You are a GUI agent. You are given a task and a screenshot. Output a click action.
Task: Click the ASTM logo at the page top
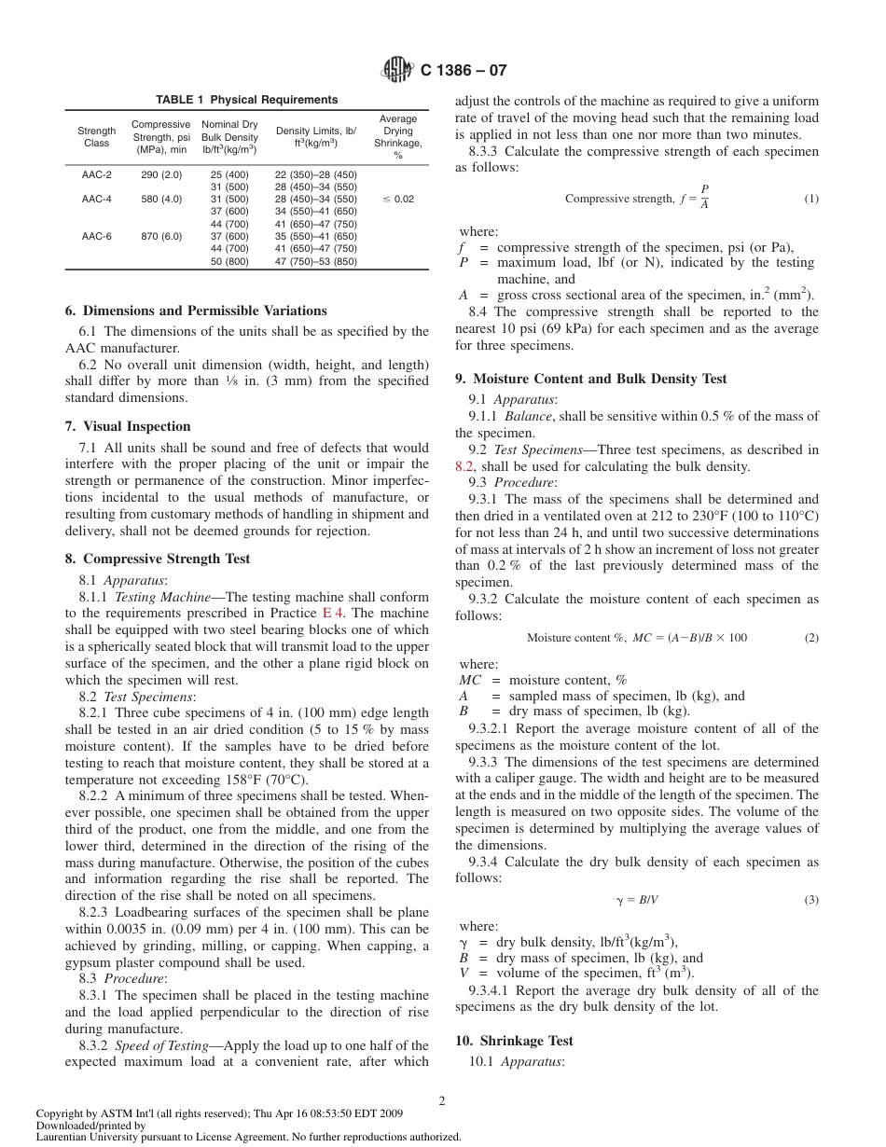point(396,69)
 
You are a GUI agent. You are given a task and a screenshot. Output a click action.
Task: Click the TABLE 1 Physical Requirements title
point(246,100)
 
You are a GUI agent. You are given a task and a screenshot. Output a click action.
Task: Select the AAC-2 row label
point(96,174)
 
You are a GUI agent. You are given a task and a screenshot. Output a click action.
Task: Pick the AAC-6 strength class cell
point(96,237)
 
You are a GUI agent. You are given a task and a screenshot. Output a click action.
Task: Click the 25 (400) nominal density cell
point(229,174)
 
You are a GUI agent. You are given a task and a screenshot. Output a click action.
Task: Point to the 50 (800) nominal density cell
point(229,262)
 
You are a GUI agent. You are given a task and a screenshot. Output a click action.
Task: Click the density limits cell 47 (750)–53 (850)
point(315,262)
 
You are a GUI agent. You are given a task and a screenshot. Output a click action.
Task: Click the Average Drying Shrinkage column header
point(397,137)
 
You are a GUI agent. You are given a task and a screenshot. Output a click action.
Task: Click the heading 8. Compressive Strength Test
point(167,559)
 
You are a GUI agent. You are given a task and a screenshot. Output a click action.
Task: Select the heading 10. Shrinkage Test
point(514,1041)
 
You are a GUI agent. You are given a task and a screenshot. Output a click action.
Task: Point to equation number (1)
point(811,199)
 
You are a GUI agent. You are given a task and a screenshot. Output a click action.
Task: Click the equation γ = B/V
point(639,900)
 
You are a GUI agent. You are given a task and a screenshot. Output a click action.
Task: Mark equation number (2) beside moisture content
point(811,638)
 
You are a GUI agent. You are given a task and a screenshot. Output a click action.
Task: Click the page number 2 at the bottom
point(443,1100)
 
